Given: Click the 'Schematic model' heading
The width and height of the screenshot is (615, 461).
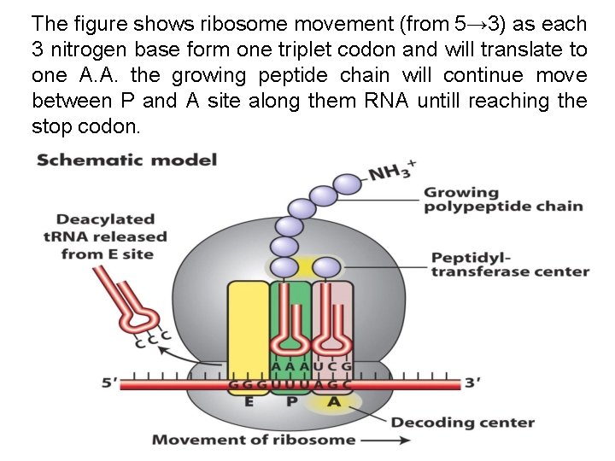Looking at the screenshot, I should (x=127, y=160).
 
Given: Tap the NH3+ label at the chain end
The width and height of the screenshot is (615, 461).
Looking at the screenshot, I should (x=392, y=173).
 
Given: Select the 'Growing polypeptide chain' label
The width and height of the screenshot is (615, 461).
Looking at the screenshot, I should (x=503, y=200).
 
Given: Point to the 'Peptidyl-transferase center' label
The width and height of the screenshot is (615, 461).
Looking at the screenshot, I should (x=510, y=264).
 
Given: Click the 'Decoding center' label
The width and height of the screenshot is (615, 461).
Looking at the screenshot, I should (x=462, y=422).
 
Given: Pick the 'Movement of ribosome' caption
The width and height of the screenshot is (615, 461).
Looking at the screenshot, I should (x=254, y=440).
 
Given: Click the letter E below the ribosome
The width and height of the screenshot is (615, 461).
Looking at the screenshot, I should (x=249, y=402).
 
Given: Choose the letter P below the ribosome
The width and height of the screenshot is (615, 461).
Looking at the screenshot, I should (x=291, y=402).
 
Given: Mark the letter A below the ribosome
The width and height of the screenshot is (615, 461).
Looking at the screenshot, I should (x=334, y=402).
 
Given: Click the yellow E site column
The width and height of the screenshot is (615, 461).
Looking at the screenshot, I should (x=249, y=324).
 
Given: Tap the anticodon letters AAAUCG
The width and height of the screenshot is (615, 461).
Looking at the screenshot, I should (x=313, y=365).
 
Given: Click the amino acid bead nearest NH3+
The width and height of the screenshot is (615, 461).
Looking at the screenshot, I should (x=347, y=184).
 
